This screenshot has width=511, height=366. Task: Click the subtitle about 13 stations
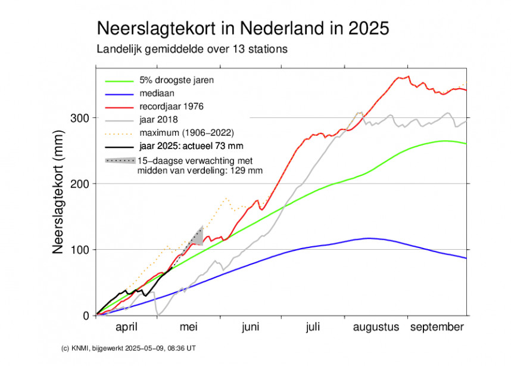coord(192,49)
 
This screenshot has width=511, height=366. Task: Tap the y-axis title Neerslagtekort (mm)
coord(58,191)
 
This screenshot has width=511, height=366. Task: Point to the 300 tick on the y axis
coord(82,118)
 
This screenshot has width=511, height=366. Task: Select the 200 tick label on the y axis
coord(82,184)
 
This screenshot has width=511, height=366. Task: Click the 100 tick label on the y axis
coord(82,249)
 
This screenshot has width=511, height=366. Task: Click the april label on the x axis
coord(126,327)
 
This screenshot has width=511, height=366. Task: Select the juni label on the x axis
coord(251,327)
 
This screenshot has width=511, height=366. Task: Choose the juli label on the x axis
coord(313,327)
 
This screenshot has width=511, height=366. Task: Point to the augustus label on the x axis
coord(376,327)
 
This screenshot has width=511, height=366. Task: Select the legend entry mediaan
coord(157,94)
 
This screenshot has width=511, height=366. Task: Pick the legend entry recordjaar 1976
coord(171,107)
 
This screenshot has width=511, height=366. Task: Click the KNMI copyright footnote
coord(108,348)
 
